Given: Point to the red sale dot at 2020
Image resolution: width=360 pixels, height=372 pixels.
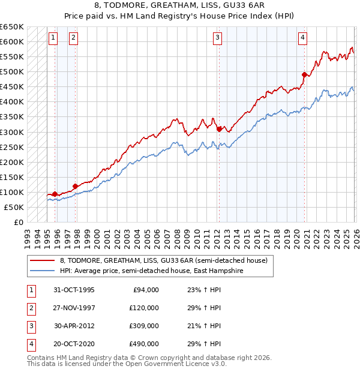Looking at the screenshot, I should click(305, 74).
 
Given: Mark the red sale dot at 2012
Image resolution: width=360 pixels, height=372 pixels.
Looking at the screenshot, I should click(219, 128).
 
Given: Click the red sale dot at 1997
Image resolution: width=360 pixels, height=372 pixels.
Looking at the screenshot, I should click(75, 186).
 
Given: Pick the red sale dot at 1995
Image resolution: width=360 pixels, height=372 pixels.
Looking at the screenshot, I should click(55, 194).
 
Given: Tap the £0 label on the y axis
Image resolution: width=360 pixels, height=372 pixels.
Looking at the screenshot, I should click(18, 222).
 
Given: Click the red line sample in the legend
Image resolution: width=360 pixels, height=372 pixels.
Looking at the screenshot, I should click(42, 260).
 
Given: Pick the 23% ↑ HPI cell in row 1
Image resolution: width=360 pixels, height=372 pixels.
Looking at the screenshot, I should click(200, 289).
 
